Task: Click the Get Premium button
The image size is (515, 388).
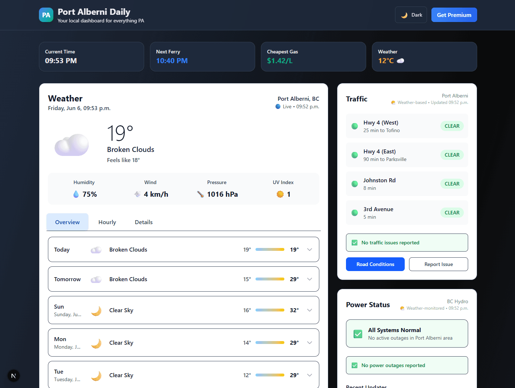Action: [454, 15]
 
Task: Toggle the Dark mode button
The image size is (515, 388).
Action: [411, 15]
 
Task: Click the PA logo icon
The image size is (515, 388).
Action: [46, 15]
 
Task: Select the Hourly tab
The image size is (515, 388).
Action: [107, 222]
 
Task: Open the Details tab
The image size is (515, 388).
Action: [143, 222]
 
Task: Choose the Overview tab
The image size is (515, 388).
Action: [67, 222]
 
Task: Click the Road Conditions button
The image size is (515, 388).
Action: [375, 264]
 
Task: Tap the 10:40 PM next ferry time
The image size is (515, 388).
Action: [172, 61]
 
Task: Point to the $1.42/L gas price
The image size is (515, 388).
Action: [280, 61]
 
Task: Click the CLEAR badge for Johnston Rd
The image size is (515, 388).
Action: [452, 184]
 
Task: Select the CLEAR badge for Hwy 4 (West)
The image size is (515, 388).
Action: [452, 126]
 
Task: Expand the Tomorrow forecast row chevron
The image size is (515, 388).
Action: [310, 279]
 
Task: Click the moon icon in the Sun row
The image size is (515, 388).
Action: [96, 311]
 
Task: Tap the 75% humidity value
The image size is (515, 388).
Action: [90, 194]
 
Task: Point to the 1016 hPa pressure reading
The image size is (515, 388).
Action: [222, 194]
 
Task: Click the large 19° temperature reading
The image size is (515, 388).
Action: [120, 133]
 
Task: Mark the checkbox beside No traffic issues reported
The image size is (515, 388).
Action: [355, 243]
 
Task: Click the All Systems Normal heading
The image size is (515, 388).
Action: [394, 330]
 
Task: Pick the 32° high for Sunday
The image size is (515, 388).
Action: [294, 310]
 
